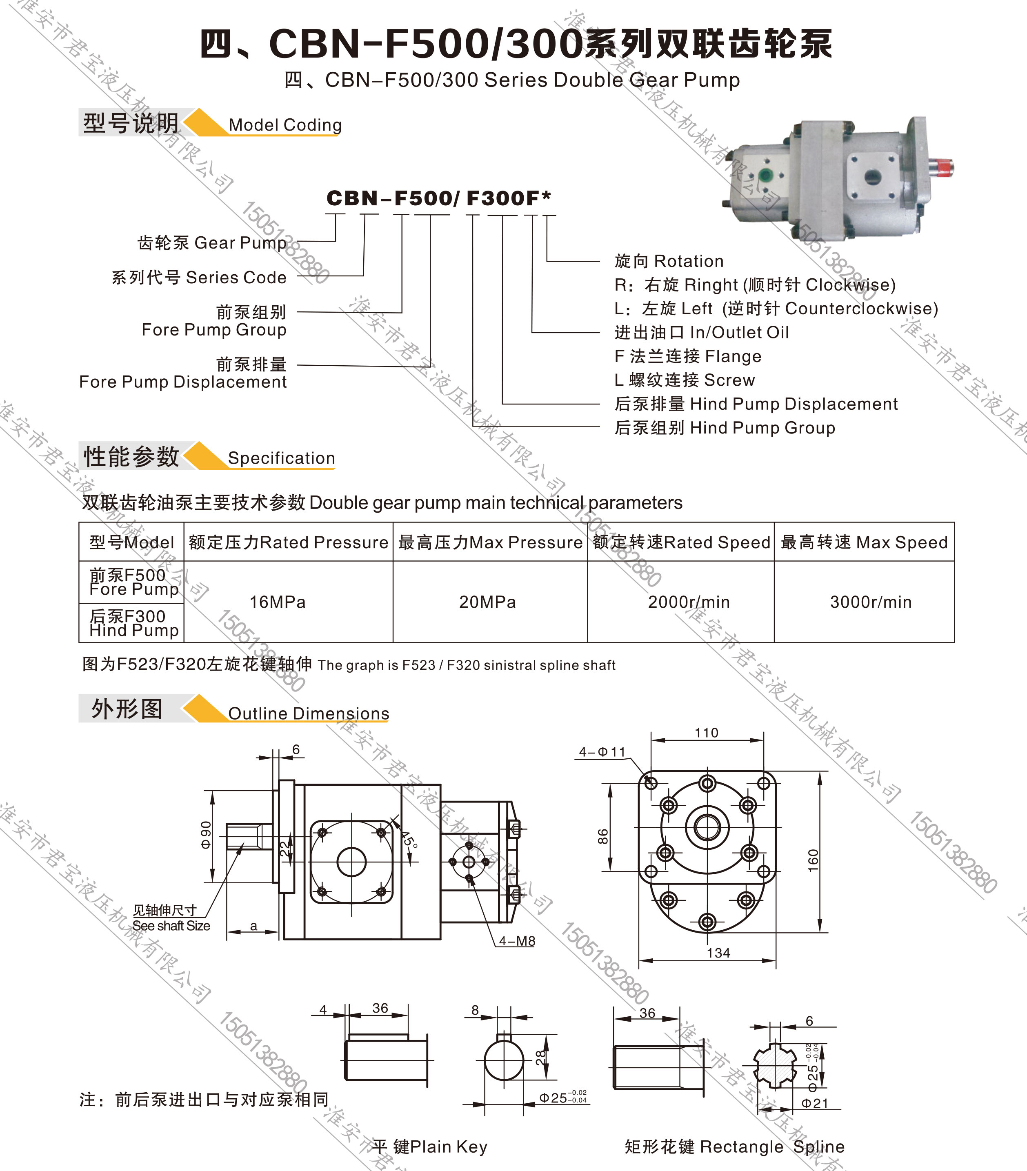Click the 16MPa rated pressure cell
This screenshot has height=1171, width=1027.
(277, 602)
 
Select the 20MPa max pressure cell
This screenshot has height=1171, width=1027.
(487, 602)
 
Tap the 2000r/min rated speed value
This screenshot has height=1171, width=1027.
(689, 602)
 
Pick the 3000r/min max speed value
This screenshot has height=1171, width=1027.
(871, 602)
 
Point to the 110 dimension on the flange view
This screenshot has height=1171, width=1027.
(706, 733)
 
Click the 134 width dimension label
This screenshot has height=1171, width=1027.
(718, 953)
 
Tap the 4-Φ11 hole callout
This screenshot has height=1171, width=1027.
(602, 752)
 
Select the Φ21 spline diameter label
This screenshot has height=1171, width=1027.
(814, 1103)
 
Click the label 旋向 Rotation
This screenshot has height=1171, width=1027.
(669, 261)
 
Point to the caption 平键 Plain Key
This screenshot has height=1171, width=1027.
(429, 1147)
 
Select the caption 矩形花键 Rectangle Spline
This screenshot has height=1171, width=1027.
(734, 1147)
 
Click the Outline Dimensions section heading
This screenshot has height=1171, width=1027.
(308, 713)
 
